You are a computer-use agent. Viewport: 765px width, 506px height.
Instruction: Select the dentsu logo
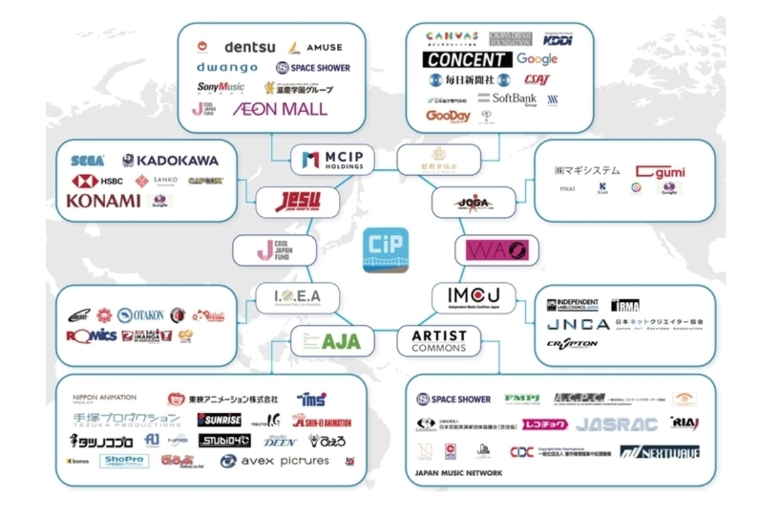(x=249, y=47)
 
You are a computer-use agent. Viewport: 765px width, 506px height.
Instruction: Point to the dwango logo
(x=226, y=67)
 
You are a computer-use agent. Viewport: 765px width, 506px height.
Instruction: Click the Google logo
(x=537, y=59)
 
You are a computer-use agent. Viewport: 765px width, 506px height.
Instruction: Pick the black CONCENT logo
(x=467, y=60)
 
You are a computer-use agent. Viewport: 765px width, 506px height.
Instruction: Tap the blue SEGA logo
(x=88, y=161)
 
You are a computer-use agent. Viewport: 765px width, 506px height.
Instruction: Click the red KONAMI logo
(x=103, y=201)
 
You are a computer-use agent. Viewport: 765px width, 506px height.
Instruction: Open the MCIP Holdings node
(x=332, y=159)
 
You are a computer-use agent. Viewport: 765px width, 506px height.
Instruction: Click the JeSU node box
(x=297, y=202)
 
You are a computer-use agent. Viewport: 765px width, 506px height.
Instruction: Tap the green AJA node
(x=332, y=341)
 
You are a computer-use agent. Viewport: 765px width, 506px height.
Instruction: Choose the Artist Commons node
(x=439, y=341)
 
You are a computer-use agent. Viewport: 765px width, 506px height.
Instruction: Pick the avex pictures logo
(x=275, y=461)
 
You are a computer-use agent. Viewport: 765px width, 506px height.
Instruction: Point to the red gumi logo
(x=660, y=172)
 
